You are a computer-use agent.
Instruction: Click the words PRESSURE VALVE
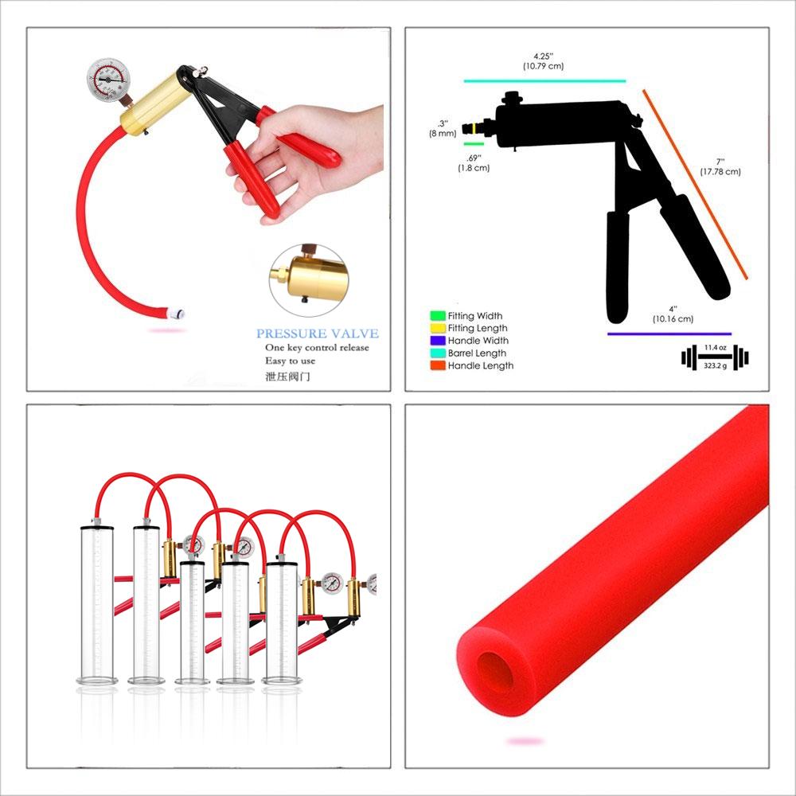tap(318, 334)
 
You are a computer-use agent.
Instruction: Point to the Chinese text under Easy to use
tap(288, 376)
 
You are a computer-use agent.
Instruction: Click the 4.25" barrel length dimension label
tap(543, 61)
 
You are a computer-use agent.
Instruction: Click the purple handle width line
tap(669, 334)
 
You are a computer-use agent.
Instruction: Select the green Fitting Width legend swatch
tap(437, 316)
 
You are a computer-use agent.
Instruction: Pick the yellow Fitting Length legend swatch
tap(437, 328)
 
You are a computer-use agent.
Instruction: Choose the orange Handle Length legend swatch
tap(437, 366)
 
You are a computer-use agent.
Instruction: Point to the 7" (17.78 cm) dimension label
tap(720, 166)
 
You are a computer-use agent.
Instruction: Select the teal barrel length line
tap(544, 81)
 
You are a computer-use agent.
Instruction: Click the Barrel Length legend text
tap(477, 353)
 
